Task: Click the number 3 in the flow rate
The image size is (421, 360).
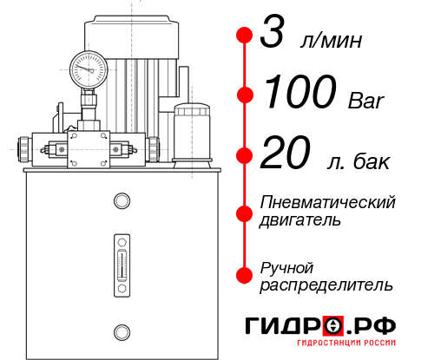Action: click(x=275, y=36)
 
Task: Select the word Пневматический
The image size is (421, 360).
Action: click(x=328, y=202)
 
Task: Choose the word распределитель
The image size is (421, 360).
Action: click(x=326, y=285)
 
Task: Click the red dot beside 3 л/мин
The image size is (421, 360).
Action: click(x=245, y=36)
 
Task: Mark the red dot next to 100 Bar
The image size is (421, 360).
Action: click(x=245, y=94)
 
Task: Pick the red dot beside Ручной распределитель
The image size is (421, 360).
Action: click(x=245, y=274)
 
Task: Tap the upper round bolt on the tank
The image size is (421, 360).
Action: click(x=121, y=201)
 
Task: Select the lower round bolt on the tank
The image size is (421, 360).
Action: click(x=121, y=331)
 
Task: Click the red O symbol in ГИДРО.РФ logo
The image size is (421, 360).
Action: click(x=334, y=325)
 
